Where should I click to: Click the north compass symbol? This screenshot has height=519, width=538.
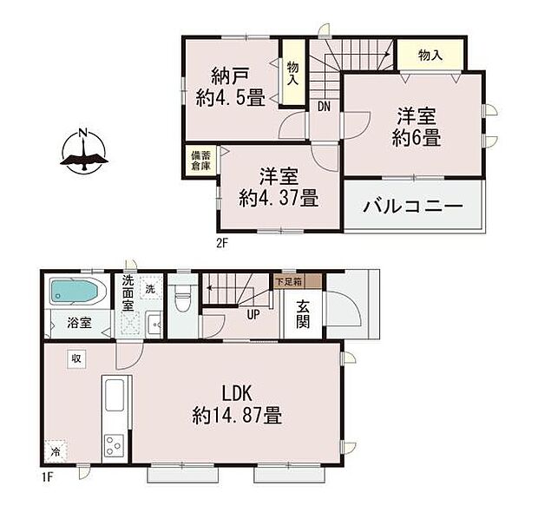pyautogui.click(x=83, y=152)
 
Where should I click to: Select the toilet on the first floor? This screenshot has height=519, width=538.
pyautogui.click(x=182, y=298)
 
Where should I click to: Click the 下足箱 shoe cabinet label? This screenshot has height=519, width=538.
pyautogui.click(x=288, y=282)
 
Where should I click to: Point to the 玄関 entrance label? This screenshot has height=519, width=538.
pyautogui.click(x=303, y=313)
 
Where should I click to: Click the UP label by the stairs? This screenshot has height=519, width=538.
pyautogui.click(x=253, y=314)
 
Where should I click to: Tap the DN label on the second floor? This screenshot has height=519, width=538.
pyautogui.click(x=324, y=107)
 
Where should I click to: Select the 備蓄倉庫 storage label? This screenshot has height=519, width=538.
pyautogui.click(x=200, y=161)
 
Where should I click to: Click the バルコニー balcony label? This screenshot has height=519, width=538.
pyautogui.click(x=413, y=207)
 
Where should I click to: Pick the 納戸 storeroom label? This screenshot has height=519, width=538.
pyautogui.click(x=230, y=76)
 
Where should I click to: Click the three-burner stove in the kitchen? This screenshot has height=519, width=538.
pyautogui.click(x=114, y=445)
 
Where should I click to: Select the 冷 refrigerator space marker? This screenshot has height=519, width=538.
pyautogui.click(x=55, y=451)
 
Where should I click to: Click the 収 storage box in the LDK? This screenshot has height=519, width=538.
pyautogui.click(x=76, y=358)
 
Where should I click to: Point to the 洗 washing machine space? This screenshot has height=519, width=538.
pyautogui.click(x=150, y=289)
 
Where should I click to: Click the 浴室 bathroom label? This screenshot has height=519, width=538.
pyautogui.click(x=79, y=323)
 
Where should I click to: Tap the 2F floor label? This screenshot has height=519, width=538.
pyautogui.click(x=222, y=243)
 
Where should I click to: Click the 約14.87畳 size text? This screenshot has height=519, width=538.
pyautogui.click(x=237, y=416)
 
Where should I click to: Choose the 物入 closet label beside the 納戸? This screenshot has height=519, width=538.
pyautogui.click(x=292, y=73)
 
